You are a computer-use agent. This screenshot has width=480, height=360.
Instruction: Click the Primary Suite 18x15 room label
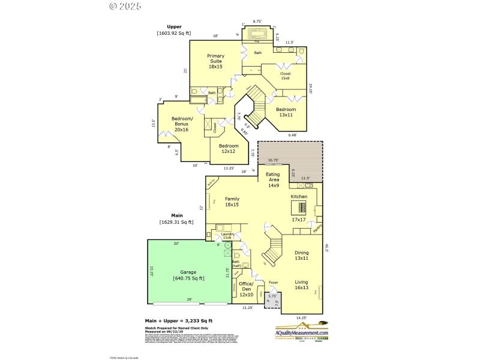click(x=215, y=61)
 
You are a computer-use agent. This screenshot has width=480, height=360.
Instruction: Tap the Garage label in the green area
click(x=189, y=275)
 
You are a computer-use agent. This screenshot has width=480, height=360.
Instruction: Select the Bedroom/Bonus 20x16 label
click(x=181, y=124)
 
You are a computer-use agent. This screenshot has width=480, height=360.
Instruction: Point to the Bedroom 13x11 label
click(x=286, y=112)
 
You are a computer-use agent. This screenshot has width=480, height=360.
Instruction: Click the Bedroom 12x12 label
click(x=229, y=149)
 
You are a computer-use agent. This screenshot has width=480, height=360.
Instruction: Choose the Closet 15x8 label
click(x=285, y=76)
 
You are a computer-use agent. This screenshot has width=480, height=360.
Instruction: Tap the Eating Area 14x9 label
click(x=273, y=179)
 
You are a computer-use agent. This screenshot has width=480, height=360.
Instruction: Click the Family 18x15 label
click(x=232, y=202)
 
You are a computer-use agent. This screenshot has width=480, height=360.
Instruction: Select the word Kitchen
click(x=299, y=196)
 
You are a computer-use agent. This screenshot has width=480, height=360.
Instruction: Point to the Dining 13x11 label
click(x=301, y=256)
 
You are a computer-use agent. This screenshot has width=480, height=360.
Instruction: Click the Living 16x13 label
click(x=301, y=284)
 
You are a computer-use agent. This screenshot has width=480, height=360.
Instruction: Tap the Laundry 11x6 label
click(x=227, y=236)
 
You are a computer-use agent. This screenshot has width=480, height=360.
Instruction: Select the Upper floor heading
click(x=174, y=27)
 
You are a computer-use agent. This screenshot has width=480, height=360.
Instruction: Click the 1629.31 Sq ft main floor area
click(x=176, y=222)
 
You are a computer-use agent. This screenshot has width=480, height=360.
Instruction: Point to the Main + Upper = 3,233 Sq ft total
click(x=178, y=321)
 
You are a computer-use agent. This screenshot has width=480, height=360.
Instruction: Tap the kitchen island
click(x=298, y=208)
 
